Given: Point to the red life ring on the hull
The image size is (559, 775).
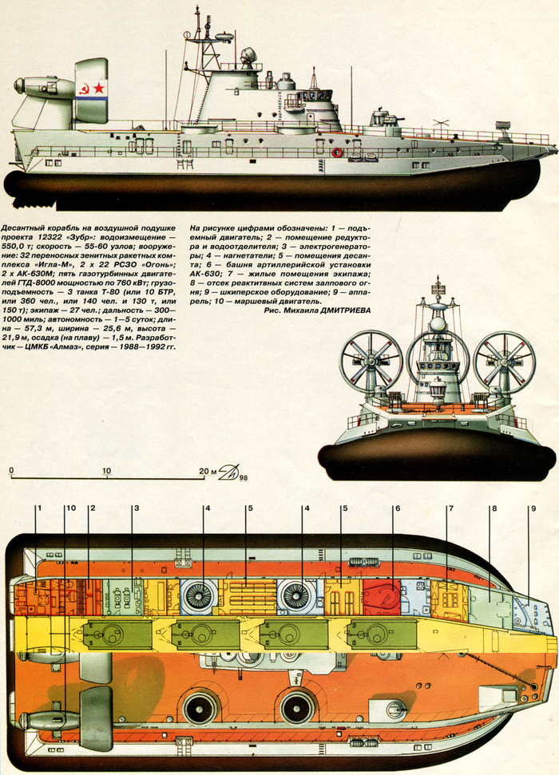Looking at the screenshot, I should coord(337,152).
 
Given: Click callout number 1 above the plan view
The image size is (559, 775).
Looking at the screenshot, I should coord(38,508).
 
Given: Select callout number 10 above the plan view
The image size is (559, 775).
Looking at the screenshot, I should coord(69,508).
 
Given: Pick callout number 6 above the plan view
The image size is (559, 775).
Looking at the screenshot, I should coord(396,508).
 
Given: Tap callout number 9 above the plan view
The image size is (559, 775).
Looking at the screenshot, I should coord(533,508).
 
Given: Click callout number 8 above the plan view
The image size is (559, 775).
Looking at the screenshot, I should coord(494,508).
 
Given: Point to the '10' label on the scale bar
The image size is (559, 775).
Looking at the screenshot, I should coord(106,471).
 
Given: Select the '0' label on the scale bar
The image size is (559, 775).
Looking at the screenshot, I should coord(12,471).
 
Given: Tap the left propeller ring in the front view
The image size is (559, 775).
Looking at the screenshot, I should coord(371,360).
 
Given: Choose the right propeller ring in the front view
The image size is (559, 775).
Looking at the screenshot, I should coord(505,360).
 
